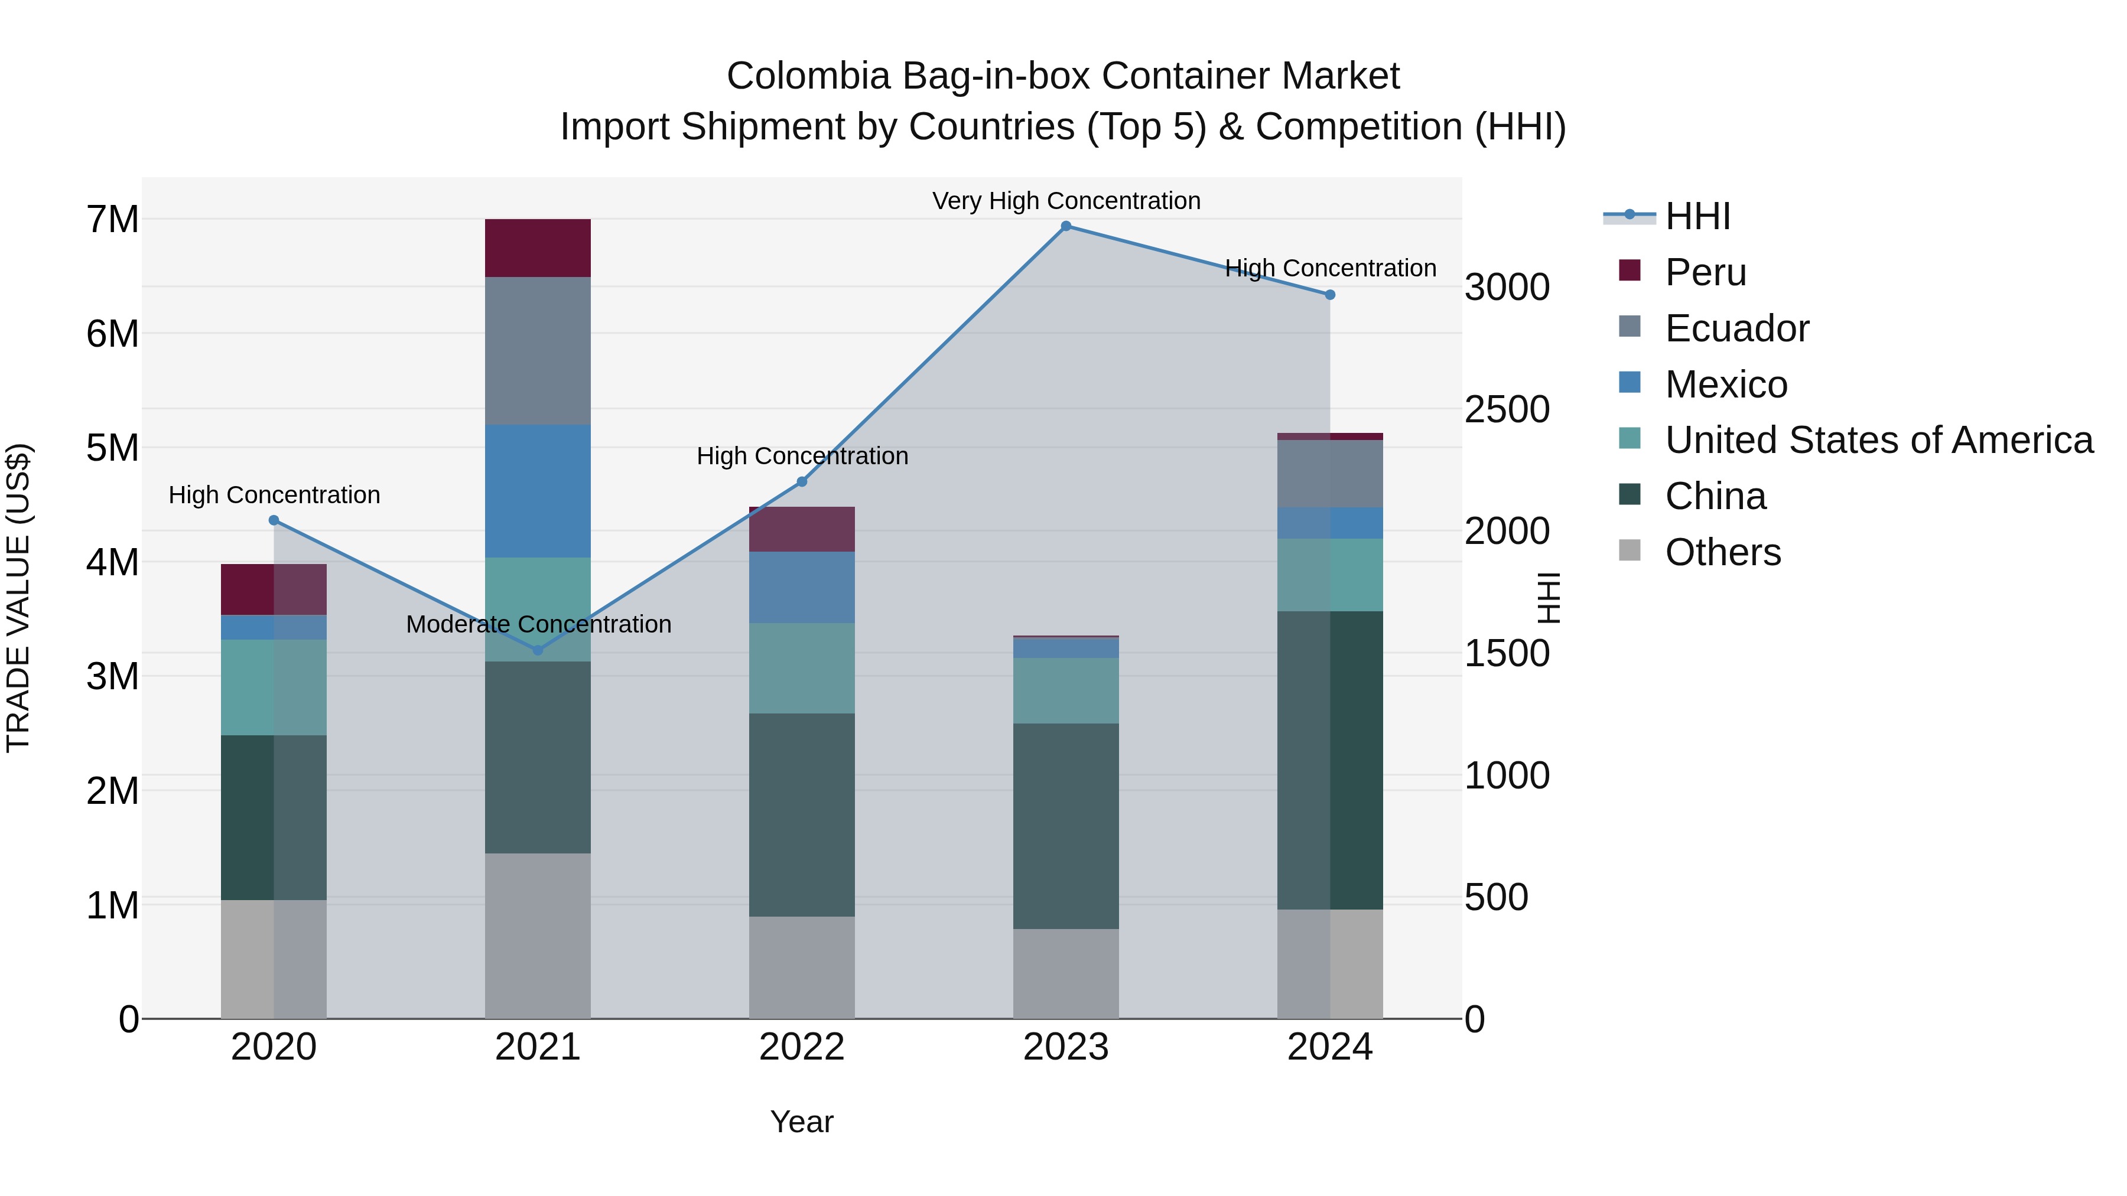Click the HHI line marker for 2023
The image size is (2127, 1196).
click(1065, 226)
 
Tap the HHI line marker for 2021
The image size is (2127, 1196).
click(538, 650)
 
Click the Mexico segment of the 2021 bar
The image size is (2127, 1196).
click(538, 491)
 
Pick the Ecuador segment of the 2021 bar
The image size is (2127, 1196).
click(538, 351)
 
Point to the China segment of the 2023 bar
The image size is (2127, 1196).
click(1065, 826)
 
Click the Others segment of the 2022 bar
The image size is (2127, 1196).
click(801, 967)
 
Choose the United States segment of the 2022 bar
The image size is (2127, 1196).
click(801, 668)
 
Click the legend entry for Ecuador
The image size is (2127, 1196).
click(1736, 328)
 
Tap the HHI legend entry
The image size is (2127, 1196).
click(1697, 216)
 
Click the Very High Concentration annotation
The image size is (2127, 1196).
click(1065, 201)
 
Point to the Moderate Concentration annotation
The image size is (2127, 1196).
click(538, 624)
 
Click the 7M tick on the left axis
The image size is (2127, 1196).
click(112, 220)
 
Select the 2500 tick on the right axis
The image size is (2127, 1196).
click(1507, 409)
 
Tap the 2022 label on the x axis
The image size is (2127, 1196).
click(801, 1047)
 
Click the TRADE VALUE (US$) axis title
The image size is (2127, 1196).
click(18, 598)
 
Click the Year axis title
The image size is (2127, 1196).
click(801, 1122)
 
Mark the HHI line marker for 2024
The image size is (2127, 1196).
click(1329, 295)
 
